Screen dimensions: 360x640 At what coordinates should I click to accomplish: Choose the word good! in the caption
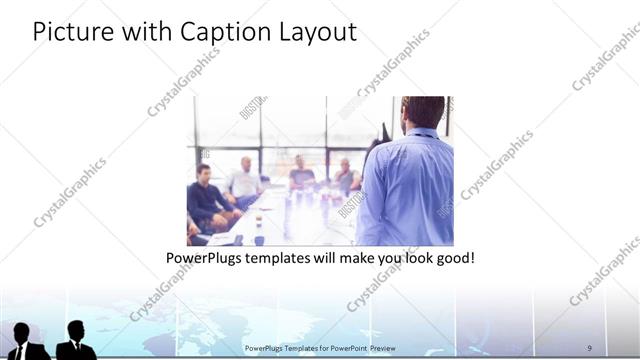tap(454, 258)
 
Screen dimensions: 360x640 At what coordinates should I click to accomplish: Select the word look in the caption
tap(411, 258)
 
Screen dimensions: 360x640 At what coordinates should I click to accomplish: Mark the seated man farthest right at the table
tap(345, 177)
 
